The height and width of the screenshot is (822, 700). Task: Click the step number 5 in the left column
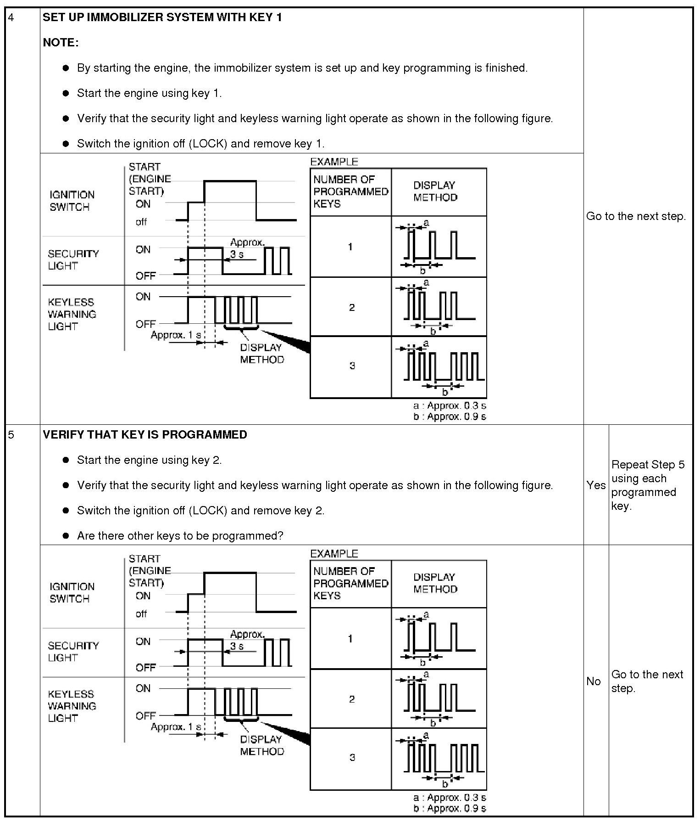[x=11, y=435]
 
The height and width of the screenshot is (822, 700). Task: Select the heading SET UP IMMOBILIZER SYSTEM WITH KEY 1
[x=162, y=17]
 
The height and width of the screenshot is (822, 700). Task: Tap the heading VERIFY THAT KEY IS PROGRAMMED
[x=144, y=435]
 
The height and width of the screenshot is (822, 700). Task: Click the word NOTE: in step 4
[x=61, y=43]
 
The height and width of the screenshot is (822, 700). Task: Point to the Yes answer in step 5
[x=596, y=485]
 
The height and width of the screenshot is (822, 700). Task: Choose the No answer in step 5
[x=594, y=681]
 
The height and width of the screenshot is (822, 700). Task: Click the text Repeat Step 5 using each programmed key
[x=647, y=485]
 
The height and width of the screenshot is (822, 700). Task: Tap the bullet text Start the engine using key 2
[x=149, y=460]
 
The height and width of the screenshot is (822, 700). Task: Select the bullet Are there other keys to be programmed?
[x=180, y=535]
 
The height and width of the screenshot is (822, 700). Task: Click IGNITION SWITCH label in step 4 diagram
[x=72, y=201]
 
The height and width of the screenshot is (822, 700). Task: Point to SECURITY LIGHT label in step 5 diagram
[x=73, y=651]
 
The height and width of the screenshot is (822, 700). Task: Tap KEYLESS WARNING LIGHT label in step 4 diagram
[x=72, y=314]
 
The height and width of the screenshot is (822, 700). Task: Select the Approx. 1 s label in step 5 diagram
[x=176, y=727]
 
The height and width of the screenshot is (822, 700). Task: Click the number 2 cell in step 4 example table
[x=351, y=307]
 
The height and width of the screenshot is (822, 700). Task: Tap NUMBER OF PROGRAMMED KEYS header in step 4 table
[x=350, y=191]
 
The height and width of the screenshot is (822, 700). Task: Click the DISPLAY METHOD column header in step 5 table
[x=435, y=583]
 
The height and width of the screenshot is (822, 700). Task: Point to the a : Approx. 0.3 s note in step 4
[x=449, y=405]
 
